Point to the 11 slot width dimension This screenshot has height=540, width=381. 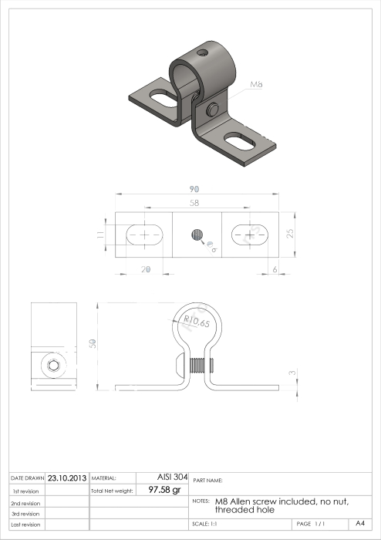pyautogui.click(x=101, y=234)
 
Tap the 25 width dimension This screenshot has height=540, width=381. pyautogui.click(x=290, y=233)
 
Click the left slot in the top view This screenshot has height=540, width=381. pyautogui.click(x=143, y=234)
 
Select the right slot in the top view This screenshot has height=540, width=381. pyautogui.click(x=248, y=234)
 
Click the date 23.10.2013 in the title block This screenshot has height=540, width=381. pyautogui.click(x=67, y=478)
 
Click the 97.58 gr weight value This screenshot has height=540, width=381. pyautogui.click(x=164, y=490)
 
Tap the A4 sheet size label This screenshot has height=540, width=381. pyautogui.click(x=360, y=524)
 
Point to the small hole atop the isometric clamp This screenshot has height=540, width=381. pyautogui.click(x=201, y=53)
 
